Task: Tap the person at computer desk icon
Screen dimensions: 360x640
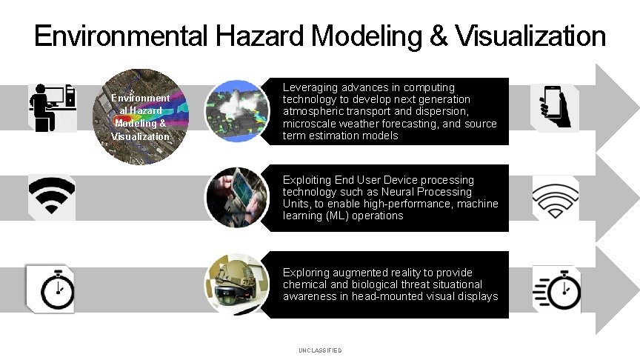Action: pos(51,107)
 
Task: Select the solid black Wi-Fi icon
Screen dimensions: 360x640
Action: pos(51,196)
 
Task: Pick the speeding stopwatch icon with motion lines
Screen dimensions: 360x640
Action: pos(557,288)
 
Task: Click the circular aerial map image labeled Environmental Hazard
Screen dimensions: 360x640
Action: pos(141,116)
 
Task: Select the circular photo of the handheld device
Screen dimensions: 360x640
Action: pos(237,197)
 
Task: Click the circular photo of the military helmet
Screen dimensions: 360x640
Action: pos(237,285)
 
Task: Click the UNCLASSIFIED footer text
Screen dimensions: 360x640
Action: pos(320,350)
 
